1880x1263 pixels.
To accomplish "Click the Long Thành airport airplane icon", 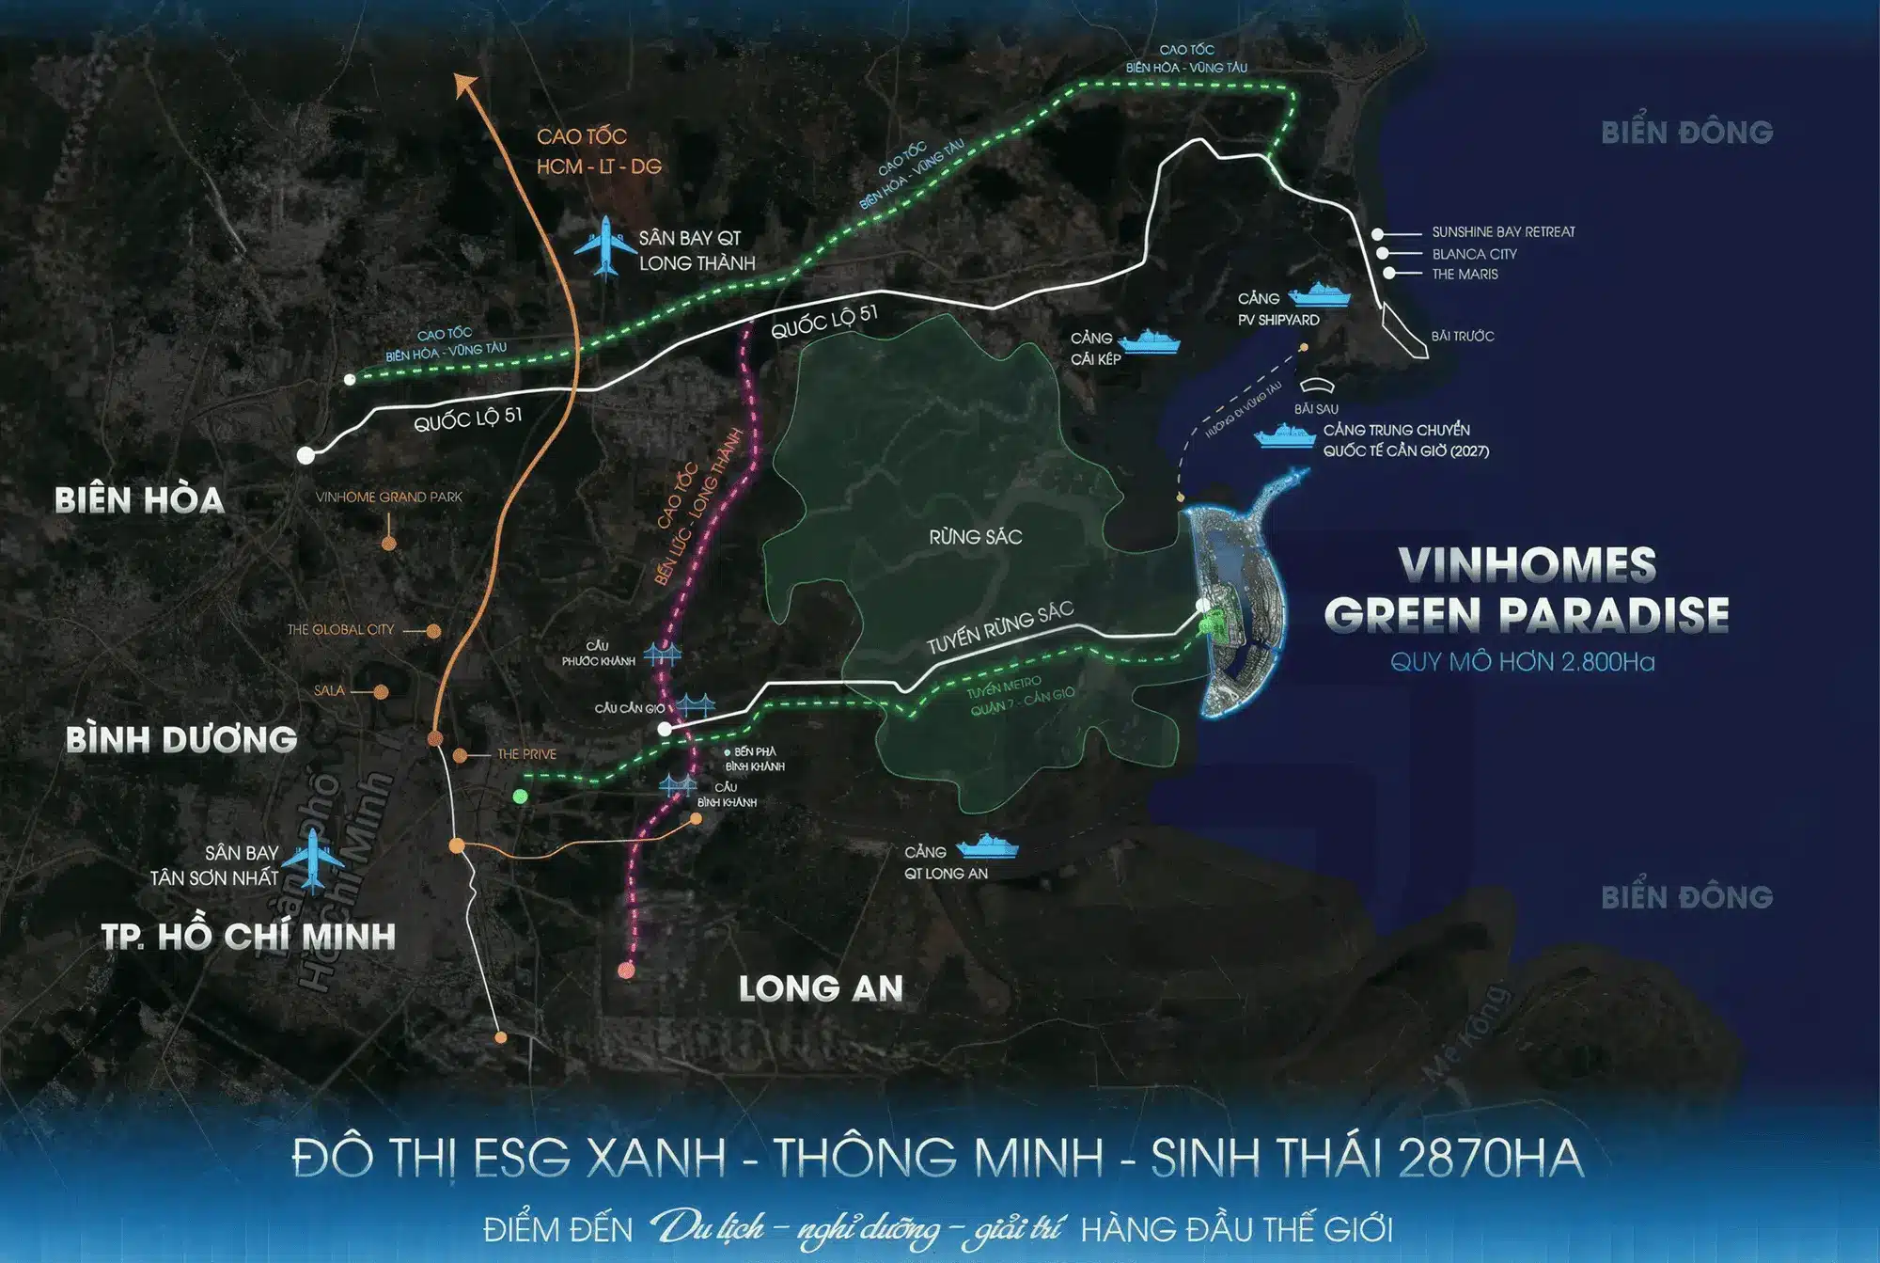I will point(606,246).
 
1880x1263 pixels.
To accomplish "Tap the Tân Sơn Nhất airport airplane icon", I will point(312,859).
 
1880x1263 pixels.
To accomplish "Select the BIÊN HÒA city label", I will point(139,500).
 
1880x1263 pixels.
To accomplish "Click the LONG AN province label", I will point(821,988).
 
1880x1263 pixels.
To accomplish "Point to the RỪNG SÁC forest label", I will point(975,537).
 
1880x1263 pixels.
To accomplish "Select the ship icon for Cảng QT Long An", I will point(987,846).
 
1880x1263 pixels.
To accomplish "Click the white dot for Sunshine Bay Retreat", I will point(1377,233).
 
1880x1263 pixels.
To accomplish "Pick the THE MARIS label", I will point(1465,275).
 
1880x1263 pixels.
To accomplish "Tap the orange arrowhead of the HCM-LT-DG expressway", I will point(463,85).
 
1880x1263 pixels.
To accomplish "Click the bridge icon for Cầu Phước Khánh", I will point(663,655).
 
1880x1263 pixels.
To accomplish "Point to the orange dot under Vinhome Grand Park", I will point(388,544).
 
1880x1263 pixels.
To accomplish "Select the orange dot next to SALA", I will point(381,692).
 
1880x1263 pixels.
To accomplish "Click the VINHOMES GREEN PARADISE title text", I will point(1527,590).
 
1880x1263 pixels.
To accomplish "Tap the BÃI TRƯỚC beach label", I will point(1462,337).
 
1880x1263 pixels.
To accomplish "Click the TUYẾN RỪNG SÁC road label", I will point(999,627).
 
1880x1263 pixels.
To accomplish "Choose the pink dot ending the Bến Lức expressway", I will point(626,971).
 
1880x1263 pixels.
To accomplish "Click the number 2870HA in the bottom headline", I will point(1491,1158).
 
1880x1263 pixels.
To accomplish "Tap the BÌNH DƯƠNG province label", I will point(181,740).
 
